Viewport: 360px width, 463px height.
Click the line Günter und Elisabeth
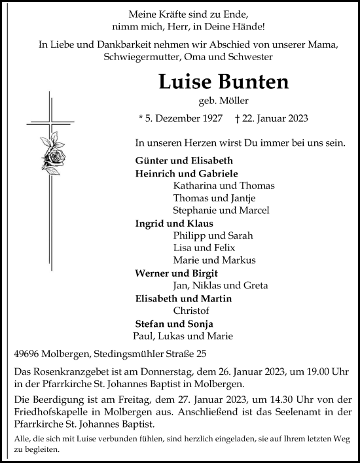(175, 161)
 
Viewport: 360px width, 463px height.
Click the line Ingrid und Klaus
(168, 223)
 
